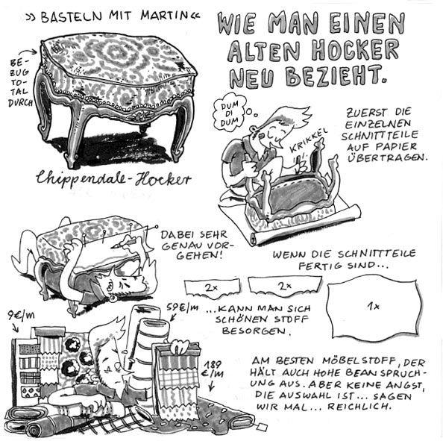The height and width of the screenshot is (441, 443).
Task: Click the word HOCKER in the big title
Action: click(355, 51)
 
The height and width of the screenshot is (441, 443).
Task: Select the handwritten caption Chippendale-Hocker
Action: click(113, 178)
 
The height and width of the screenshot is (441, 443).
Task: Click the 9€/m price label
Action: click(21, 315)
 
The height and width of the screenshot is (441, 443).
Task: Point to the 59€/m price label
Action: click(182, 307)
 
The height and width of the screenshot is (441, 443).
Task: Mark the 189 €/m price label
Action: click(213, 369)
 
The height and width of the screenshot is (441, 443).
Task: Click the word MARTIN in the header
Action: click(164, 16)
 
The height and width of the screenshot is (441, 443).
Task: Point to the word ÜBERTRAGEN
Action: click(387, 157)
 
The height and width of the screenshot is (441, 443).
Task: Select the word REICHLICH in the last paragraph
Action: click(359, 407)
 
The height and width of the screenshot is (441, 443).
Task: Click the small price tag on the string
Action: click(262, 426)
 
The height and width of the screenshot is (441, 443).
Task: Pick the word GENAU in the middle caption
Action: click(177, 245)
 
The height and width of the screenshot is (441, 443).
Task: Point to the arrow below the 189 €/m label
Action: click(211, 385)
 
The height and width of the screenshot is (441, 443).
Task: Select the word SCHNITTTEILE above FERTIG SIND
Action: click(377, 254)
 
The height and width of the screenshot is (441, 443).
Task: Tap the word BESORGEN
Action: click(257, 331)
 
